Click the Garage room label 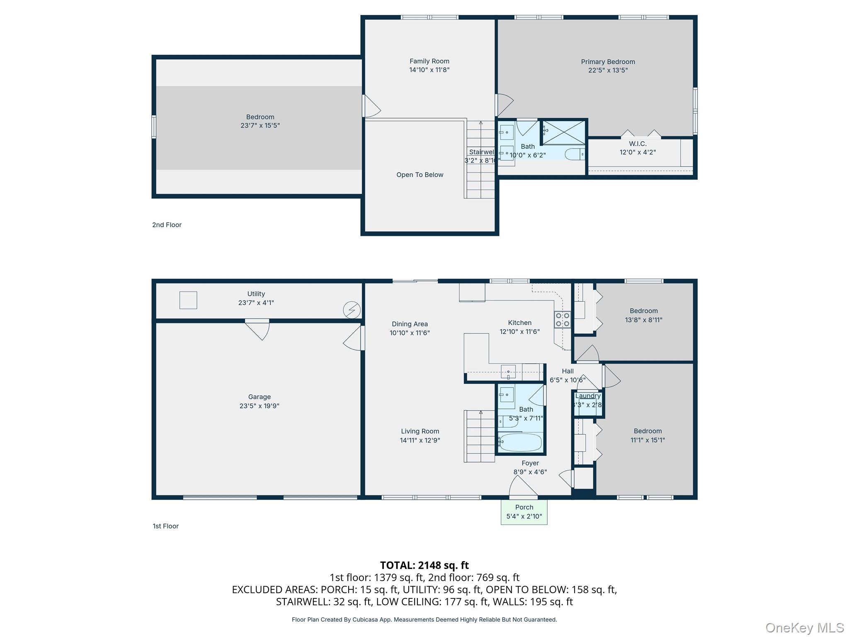click(x=260, y=397)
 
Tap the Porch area click(x=524, y=512)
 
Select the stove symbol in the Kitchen click(x=563, y=320)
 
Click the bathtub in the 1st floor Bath click(x=520, y=442)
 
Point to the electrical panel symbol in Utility click(x=352, y=310)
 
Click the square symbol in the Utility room click(x=188, y=300)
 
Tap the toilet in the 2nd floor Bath click(x=575, y=154)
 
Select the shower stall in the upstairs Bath click(x=564, y=132)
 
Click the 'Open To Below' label click(x=420, y=175)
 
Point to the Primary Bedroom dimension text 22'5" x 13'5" click(x=608, y=71)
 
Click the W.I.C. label click(x=638, y=144)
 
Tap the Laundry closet click(x=588, y=404)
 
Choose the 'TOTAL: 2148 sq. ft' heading click(x=424, y=565)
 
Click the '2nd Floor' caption click(x=167, y=225)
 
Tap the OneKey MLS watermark click(x=804, y=627)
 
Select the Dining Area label click(x=410, y=324)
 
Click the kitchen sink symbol click(x=508, y=372)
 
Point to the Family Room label click(x=429, y=61)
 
